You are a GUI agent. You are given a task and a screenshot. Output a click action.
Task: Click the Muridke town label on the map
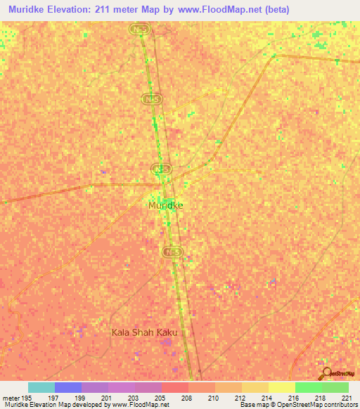166,205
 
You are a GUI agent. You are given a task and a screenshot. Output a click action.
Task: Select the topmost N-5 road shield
139,30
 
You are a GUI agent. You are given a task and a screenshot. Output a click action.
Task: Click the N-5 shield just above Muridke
162,169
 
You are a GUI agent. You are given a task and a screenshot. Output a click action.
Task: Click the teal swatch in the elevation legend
41,387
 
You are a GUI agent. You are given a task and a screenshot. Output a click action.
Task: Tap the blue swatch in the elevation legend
68,387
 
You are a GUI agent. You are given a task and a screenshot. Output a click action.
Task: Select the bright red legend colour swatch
174,387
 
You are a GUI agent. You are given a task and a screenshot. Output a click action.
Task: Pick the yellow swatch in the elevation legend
281,387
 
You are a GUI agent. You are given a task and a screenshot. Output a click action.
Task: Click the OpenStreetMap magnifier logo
326,372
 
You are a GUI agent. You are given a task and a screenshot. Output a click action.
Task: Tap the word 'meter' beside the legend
11,398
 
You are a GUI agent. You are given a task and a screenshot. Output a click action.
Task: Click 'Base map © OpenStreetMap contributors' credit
298,405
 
